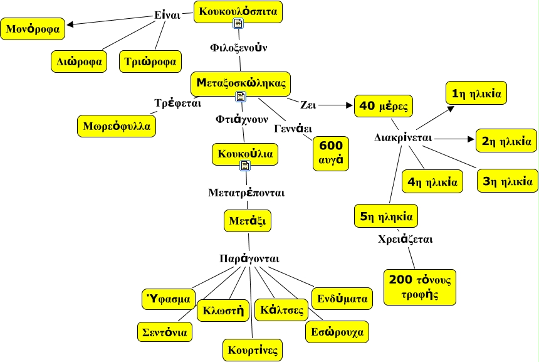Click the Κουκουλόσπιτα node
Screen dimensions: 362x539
tap(238, 11)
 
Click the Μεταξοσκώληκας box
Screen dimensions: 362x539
tap(241, 82)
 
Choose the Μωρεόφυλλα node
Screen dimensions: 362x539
tap(117, 125)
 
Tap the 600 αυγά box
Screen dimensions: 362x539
tap(330, 152)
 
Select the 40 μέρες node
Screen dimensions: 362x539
tap(384, 106)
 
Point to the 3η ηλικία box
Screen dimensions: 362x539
tap(507, 181)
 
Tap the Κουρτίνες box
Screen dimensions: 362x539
tap(253, 349)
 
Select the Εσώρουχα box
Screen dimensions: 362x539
tap(337, 331)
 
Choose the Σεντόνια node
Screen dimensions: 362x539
tap(165, 331)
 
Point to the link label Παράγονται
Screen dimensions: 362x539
tap(249, 258)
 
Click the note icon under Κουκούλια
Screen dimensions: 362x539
tap(245, 166)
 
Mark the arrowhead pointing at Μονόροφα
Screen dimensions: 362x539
tap(70, 25)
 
